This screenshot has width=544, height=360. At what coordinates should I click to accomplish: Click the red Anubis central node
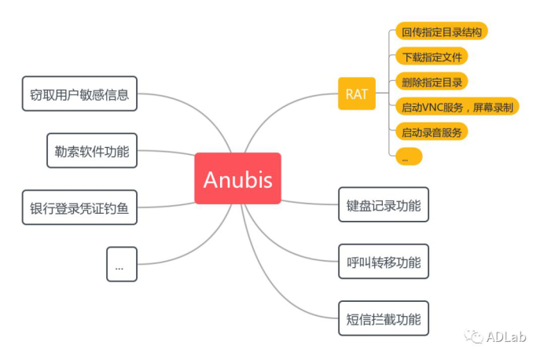pos(237,178)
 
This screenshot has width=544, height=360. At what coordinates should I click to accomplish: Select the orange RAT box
pos(357,94)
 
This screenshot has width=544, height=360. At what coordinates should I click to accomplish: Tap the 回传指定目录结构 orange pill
pos(442,31)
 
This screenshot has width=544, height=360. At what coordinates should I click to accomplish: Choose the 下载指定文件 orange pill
pos(432,56)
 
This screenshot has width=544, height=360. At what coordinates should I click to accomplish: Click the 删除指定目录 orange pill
pos(432,82)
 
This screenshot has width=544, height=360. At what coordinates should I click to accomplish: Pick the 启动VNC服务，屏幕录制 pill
pos(458,106)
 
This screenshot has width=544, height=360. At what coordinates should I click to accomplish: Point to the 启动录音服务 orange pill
pos(432,131)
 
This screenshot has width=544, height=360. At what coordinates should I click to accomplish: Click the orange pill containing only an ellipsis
pos(409,156)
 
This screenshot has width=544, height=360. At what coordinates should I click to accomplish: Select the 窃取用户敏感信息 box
pos(79,94)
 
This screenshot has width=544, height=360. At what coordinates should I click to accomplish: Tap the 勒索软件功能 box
pos(92,150)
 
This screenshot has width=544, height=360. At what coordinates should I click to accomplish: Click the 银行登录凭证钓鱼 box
pos(79,208)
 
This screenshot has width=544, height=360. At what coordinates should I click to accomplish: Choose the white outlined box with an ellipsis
pos(122,264)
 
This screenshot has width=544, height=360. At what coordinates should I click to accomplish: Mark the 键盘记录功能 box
pos(384,204)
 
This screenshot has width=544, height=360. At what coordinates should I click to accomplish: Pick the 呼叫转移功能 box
pos(384,262)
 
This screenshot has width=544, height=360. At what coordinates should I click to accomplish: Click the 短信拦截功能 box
pos(384,318)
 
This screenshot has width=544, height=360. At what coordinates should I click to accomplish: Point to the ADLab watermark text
pos(506,336)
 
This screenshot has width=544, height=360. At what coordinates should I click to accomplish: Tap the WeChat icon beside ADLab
pos(474,336)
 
